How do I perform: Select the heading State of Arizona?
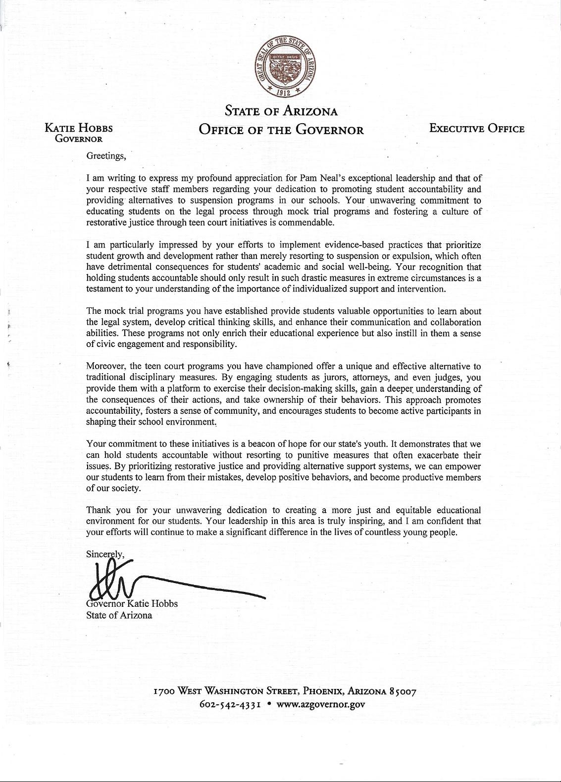tap(281, 110)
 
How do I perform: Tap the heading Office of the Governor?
tap(281, 130)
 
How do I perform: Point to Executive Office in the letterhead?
tap(476, 129)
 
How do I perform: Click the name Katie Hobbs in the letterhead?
tap(79, 129)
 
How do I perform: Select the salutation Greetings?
tap(106, 156)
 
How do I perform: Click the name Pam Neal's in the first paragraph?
tap(319, 178)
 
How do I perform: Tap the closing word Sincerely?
tap(105, 554)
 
